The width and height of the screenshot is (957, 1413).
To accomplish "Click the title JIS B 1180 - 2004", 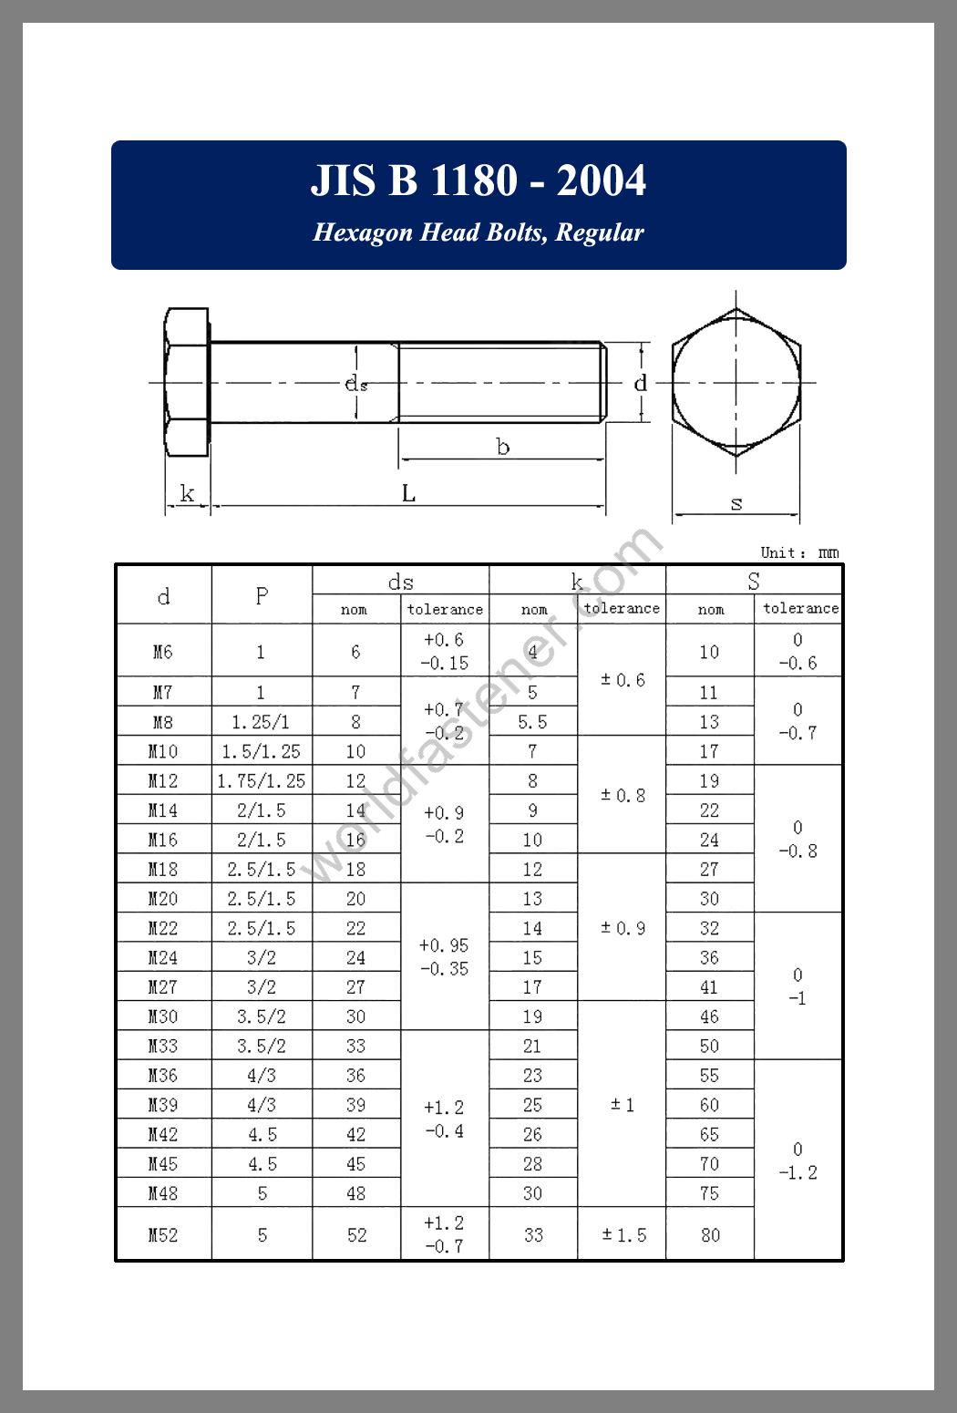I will (478, 180).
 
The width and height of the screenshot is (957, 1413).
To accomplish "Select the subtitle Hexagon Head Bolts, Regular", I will (478, 232).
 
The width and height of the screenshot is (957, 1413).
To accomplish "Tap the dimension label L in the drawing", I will (409, 494).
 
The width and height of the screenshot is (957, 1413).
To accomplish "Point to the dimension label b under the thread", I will (502, 447).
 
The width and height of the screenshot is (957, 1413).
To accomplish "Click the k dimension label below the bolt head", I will (187, 494).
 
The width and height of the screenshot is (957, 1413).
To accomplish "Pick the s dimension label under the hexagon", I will (736, 502).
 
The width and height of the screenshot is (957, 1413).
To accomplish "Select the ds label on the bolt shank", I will (355, 384).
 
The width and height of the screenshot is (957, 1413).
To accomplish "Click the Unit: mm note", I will (799, 552).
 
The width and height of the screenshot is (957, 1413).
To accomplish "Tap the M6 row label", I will (163, 652).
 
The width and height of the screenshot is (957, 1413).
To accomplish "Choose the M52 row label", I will (163, 1235).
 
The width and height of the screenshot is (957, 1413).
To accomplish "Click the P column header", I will (262, 596).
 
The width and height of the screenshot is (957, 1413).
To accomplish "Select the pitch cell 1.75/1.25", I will (262, 781).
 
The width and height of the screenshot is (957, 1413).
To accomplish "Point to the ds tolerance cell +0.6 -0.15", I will (445, 652).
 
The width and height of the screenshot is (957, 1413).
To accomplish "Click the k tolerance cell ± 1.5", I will (623, 1235).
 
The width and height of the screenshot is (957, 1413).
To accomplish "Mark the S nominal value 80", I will (710, 1235).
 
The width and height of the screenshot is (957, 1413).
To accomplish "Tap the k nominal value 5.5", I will (532, 722).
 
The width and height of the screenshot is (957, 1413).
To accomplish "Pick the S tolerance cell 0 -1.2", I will (797, 1160).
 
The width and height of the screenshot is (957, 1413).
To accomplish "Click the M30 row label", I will (163, 1016).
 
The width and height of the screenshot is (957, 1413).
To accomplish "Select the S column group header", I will (754, 581).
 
